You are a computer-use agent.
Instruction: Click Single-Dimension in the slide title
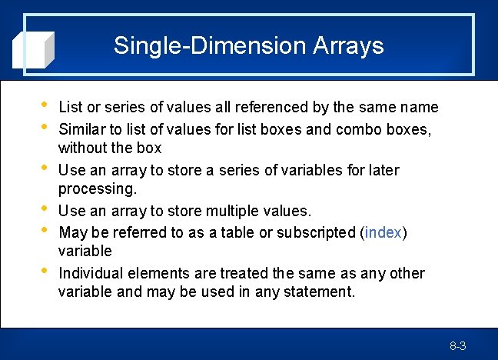tap(210, 45)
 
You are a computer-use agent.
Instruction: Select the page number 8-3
tap(458, 346)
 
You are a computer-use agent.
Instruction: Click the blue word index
tap(383, 232)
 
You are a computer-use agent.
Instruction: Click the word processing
tap(97, 188)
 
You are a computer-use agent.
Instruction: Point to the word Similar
tap(82, 128)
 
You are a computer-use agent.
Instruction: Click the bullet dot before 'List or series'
tap(42, 105)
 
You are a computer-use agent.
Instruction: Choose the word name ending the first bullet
tap(420, 107)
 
